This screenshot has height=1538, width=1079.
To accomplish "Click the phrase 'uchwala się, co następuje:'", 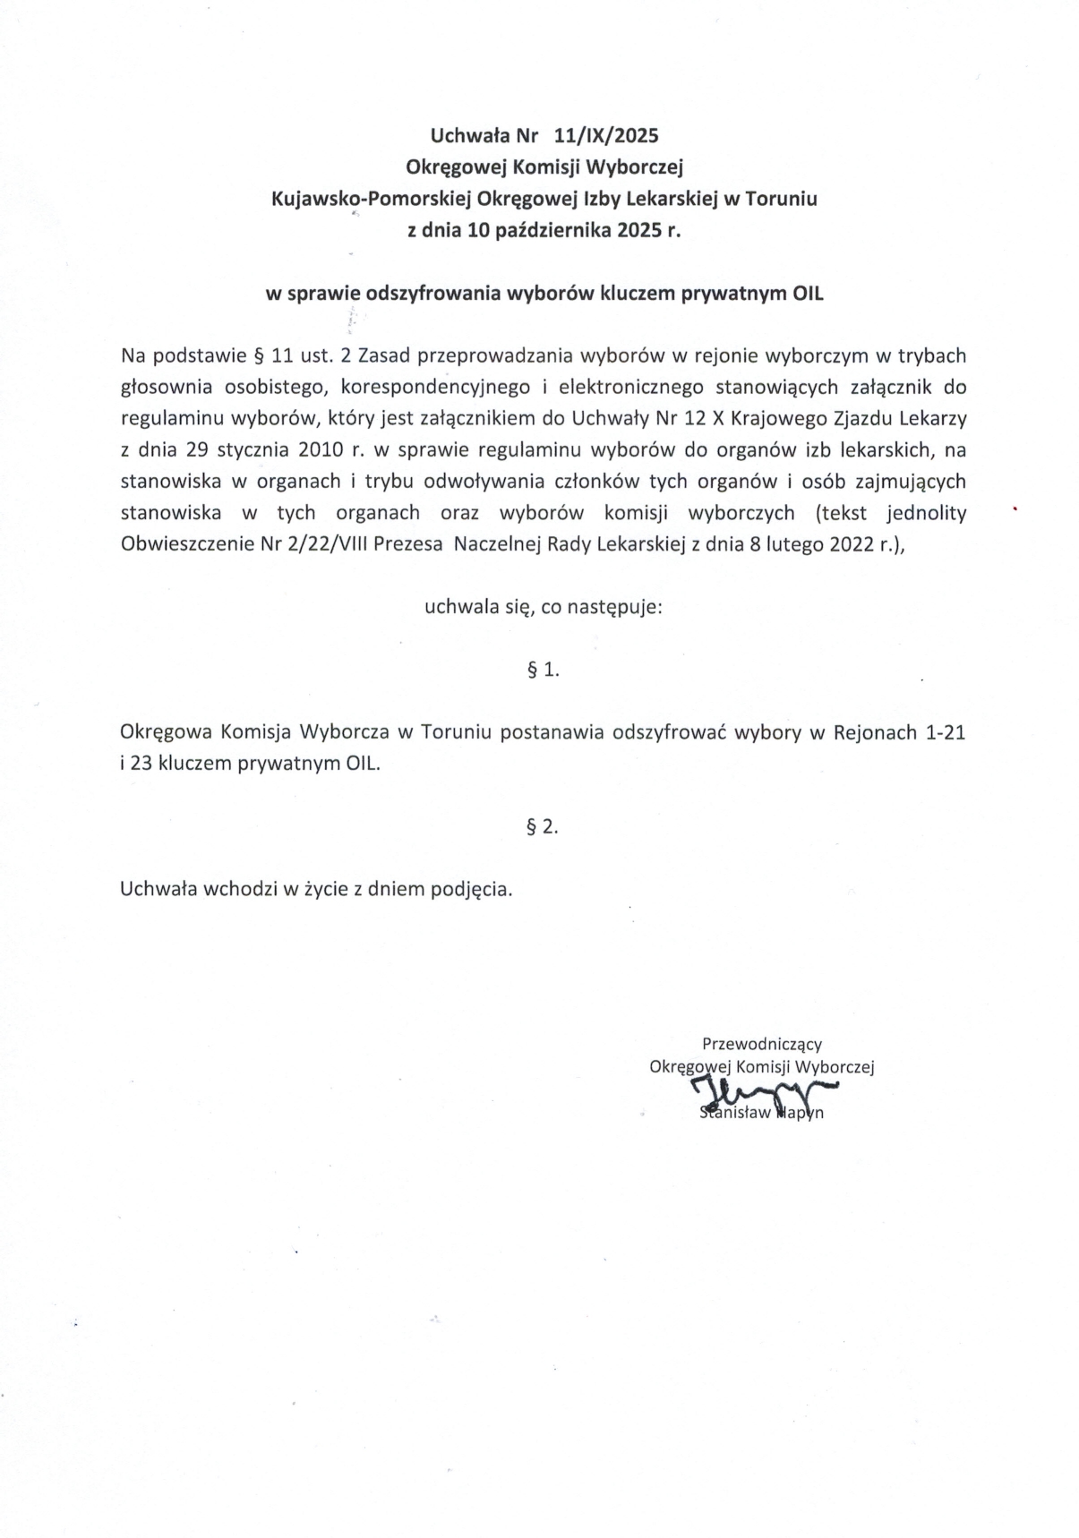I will [543, 608].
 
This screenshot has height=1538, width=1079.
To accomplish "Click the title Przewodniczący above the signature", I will [761, 1044].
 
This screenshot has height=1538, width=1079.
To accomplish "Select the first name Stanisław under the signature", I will [732, 1114].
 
